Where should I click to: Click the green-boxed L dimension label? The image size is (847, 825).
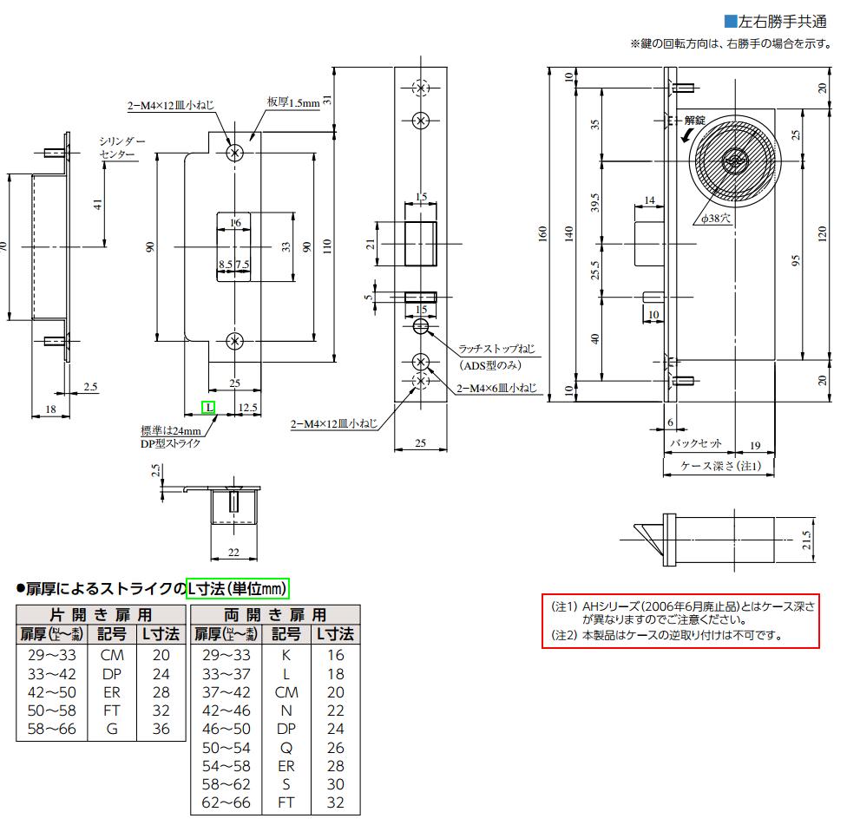(x=208, y=407)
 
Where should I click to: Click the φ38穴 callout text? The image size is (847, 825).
(x=716, y=218)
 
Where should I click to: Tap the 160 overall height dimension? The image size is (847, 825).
(x=542, y=233)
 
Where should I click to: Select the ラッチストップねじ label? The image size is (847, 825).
(x=496, y=349)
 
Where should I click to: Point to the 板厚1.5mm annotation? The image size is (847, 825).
(x=293, y=102)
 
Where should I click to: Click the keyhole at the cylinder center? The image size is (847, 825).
(x=734, y=160)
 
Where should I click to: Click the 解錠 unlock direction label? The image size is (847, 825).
(x=694, y=121)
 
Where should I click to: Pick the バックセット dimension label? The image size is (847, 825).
(x=696, y=443)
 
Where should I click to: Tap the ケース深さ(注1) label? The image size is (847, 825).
(x=720, y=465)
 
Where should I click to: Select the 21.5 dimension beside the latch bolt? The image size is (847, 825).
(x=806, y=540)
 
